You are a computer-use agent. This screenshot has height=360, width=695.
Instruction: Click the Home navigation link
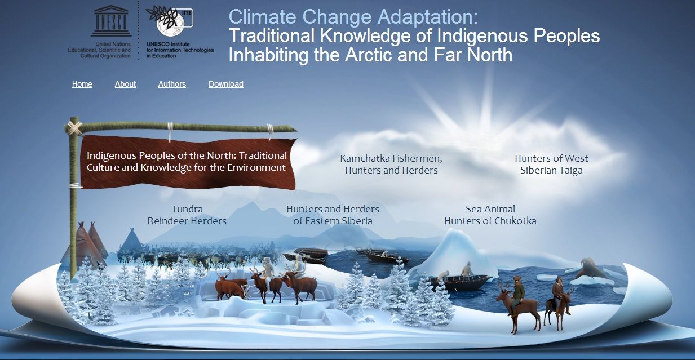click(x=82, y=84)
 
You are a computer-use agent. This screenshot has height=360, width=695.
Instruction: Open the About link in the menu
click(x=125, y=84)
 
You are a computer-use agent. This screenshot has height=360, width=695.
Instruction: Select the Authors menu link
click(x=172, y=84)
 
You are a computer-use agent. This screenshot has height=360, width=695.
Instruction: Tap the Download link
click(x=226, y=84)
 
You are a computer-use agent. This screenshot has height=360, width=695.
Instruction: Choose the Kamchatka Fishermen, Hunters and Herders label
click(x=391, y=164)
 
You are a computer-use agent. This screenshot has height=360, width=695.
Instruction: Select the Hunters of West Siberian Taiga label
click(x=551, y=164)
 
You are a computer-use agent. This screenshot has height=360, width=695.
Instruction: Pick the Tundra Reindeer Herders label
click(x=187, y=215)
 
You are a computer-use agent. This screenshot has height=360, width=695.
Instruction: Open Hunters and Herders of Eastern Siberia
click(x=333, y=215)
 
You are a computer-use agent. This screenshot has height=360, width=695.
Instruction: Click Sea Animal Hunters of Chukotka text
click(x=490, y=215)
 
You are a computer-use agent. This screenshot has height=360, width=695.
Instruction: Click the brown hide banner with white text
click(x=187, y=162)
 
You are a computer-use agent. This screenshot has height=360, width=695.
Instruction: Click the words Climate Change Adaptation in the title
click(x=353, y=17)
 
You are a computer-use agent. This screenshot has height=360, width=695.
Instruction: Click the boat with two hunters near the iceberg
click(x=457, y=279)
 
